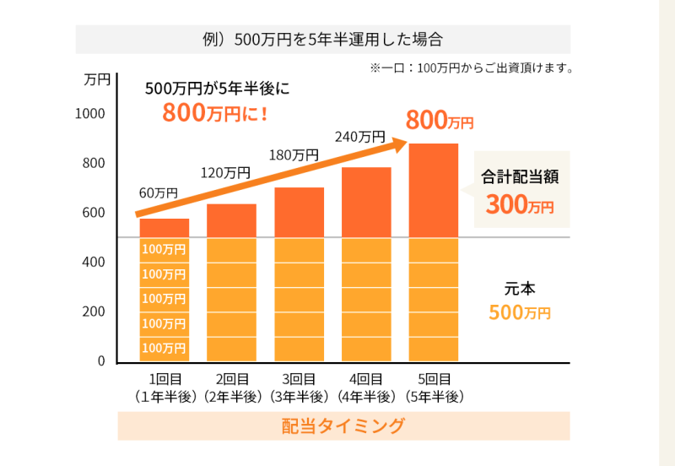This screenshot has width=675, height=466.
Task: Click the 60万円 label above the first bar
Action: (158, 192)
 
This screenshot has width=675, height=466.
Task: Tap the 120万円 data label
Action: (225, 173)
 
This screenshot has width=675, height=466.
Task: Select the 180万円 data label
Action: (294, 154)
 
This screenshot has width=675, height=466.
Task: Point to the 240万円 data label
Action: (360, 136)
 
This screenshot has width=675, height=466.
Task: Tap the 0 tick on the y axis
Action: (100, 361)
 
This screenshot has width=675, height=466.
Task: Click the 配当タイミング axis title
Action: (343, 426)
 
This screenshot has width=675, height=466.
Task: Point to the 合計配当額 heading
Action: (521, 178)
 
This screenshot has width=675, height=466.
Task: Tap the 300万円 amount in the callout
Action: (520, 205)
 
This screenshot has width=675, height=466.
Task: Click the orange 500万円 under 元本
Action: (520, 312)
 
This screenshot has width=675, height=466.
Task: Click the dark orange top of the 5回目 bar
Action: (434, 190)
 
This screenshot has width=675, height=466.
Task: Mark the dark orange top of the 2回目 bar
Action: (231, 221)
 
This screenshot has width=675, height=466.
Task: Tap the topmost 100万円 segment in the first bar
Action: (164, 249)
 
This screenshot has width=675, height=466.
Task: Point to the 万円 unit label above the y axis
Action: (98, 81)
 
